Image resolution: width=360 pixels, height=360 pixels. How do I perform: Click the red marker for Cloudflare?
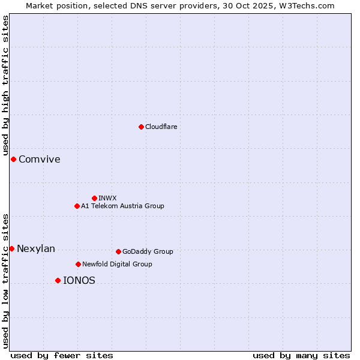pyautogui.click(x=141, y=127)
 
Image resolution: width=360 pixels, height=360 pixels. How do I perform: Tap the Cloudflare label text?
pyautogui.click(x=161, y=127)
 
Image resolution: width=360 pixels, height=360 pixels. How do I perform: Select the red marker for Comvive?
pyautogui.click(x=13, y=159)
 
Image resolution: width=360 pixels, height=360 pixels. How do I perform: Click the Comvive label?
pyautogui.click(x=39, y=159)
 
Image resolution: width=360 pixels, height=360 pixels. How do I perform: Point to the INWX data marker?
pyautogui.click(x=94, y=198)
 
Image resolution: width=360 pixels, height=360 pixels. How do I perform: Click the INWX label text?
pyautogui.click(x=107, y=198)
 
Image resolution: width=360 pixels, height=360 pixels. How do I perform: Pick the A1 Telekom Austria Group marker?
pyautogui.click(x=77, y=206)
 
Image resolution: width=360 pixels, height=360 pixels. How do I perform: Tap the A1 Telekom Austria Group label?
pyautogui.click(x=122, y=206)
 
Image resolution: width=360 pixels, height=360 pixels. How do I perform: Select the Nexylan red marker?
pyautogui.click(x=11, y=248)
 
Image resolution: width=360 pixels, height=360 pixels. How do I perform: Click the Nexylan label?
pyautogui.click(x=36, y=249)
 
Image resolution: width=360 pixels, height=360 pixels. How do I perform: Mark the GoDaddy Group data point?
pyautogui.click(x=118, y=251)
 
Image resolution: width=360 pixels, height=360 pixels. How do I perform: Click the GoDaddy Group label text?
pyautogui.click(x=148, y=251)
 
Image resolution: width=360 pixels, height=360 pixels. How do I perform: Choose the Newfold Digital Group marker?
pyautogui.click(x=78, y=264)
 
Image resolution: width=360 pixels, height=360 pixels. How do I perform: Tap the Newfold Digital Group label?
pyautogui.click(x=117, y=264)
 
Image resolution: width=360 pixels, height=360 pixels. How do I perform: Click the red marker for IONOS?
pyautogui.click(x=58, y=280)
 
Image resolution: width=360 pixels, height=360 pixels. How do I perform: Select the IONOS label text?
pyautogui.click(x=79, y=280)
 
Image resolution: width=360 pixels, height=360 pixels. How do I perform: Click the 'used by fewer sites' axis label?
pyautogui.click(x=62, y=355)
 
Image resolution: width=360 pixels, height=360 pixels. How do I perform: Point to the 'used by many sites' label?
pyautogui.click(x=301, y=355)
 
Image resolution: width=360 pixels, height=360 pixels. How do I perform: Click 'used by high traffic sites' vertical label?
pyautogui.click(x=5, y=86)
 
